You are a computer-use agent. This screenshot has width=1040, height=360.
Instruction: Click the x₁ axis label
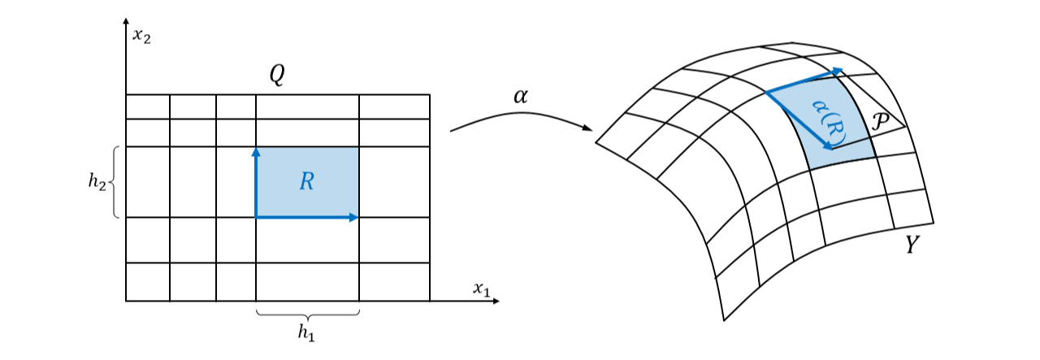(x=482, y=288)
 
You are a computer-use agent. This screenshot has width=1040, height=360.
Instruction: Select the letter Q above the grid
(x=278, y=76)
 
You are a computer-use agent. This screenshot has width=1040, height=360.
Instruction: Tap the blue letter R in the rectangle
(x=306, y=181)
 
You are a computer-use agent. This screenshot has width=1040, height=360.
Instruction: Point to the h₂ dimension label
(x=97, y=182)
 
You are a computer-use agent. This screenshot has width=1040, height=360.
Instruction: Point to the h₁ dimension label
(x=306, y=332)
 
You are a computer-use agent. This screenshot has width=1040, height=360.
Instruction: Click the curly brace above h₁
(x=307, y=314)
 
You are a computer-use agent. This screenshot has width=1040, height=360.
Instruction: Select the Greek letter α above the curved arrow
(x=521, y=97)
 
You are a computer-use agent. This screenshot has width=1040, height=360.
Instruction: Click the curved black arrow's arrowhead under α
(x=588, y=128)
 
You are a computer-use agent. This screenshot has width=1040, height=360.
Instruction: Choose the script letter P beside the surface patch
(x=878, y=123)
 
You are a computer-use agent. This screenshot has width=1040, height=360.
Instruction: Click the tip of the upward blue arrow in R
(x=256, y=150)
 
